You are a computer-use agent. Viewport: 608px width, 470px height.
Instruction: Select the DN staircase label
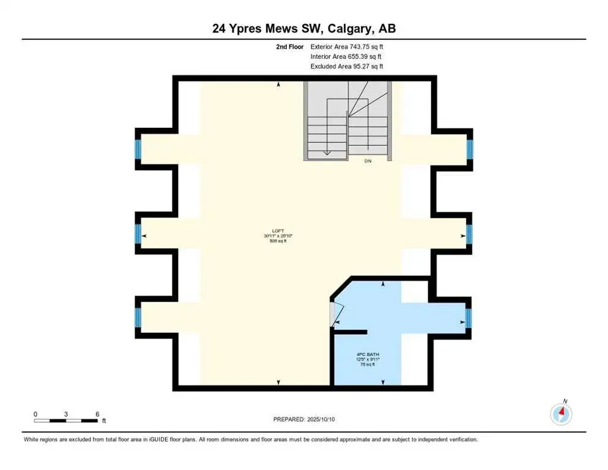368,162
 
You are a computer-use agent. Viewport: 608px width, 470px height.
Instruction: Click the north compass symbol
561,414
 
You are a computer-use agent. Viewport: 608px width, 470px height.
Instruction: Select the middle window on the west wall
138,234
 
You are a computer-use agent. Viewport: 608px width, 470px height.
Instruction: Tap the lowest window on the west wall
138,317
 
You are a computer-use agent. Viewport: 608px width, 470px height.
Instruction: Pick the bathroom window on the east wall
470,317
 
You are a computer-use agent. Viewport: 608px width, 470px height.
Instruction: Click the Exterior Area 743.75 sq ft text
347,46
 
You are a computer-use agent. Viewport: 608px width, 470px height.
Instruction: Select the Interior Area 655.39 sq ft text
347,56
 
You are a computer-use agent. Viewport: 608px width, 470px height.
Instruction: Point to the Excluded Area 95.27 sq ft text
347,67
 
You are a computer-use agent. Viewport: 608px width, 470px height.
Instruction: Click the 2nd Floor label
290,46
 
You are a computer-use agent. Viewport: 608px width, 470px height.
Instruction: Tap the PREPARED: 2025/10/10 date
304,419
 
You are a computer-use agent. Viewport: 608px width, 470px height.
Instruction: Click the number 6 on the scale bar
97,413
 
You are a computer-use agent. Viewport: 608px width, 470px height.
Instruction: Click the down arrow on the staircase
327,152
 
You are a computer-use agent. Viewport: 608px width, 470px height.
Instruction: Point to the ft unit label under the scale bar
104,421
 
